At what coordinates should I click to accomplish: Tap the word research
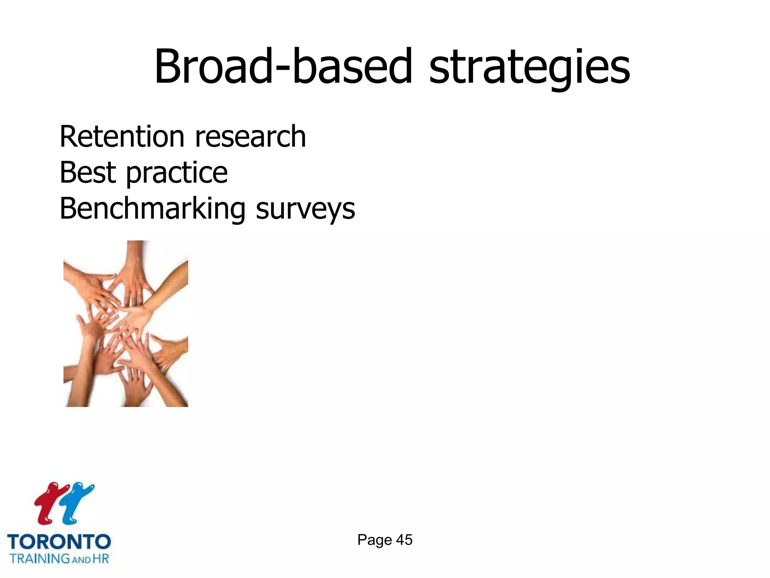click(x=250, y=137)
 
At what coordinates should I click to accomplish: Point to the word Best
click(x=88, y=172)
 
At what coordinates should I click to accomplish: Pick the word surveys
click(x=305, y=210)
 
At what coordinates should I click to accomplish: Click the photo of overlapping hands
click(x=126, y=324)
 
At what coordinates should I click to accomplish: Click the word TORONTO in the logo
click(x=59, y=542)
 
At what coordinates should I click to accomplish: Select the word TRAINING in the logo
click(x=40, y=558)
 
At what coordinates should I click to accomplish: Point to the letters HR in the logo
click(x=101, y=558)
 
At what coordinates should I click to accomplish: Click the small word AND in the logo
click(x=81, y=560)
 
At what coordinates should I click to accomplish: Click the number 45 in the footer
click(x=404, y=540)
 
